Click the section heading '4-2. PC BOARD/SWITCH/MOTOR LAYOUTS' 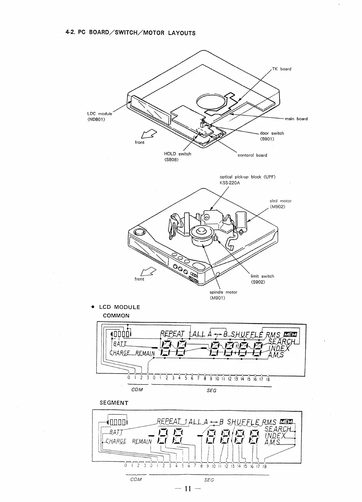coord(130,33)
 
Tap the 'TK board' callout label coord(281,69)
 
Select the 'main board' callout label coord(296,119)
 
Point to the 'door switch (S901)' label coord(271,136)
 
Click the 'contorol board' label coord(252,155)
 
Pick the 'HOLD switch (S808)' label coord(177,156)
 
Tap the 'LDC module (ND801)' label coord(99,117)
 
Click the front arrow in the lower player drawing coord(149,271)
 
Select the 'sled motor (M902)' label coord(280,203)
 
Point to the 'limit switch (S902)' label coord(262,279)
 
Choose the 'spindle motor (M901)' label coord(223,295)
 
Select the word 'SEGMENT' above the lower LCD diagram coord(114,403)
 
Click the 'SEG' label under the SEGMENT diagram coord(209,480)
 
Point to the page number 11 coord(187,489)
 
